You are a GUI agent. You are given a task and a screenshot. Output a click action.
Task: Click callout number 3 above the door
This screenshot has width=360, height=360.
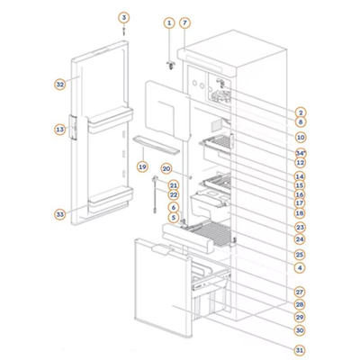click(x=123, y=18)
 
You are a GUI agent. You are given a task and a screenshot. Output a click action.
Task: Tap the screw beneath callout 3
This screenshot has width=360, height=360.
click(x=123, y=31)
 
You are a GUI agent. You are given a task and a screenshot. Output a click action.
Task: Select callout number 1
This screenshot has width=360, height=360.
click(x=169, y=22)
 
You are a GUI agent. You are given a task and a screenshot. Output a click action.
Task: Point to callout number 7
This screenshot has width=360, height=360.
click(x=184, y=22)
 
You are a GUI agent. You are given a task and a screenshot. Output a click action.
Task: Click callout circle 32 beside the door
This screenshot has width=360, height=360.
click(x=60, y=85)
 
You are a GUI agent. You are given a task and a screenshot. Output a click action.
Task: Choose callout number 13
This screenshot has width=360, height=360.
click(x=60, y=130)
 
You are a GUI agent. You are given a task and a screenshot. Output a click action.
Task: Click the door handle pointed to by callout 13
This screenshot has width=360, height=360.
click(x=74, y=128)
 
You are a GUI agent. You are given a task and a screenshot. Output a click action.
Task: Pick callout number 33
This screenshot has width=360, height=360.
click(x=60, y=215)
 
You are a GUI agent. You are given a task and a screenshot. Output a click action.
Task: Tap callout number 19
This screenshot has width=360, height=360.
click(x=142, y=166)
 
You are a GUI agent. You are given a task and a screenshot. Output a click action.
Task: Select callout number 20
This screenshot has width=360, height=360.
click(x=166, y=169)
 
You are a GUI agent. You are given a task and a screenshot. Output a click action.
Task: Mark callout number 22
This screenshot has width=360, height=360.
click(x=174, y=195)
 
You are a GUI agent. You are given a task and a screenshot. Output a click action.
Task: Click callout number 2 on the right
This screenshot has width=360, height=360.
click(x=301, y=112)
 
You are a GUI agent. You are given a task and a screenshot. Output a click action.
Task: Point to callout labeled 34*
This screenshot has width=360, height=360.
click(x=301, y=153)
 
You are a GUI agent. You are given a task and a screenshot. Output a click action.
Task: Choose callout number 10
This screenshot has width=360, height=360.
click(x=301, y=138)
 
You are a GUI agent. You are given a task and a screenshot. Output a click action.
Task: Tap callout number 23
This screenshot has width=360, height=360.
click(x=301, y=228)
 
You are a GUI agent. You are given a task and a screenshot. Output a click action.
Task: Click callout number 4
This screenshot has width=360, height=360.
click(x=301, y=267)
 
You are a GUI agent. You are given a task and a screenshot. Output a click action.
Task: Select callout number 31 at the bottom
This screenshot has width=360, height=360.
click(x=301, y=350)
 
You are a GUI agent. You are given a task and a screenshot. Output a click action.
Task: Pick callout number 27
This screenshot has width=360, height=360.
click(x=301, y=292)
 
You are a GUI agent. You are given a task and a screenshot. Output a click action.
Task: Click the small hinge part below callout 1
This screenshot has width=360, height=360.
click(x=171, y=66)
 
